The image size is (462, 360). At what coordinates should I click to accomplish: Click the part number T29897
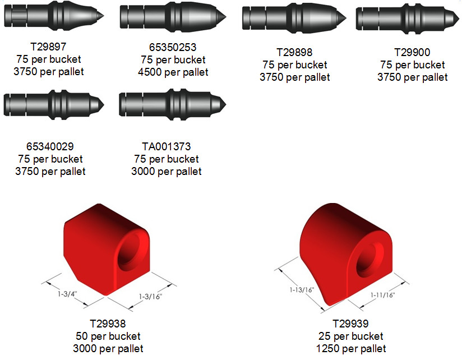(x=48, y=47)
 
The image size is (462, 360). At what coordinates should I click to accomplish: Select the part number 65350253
(x=173, y=47)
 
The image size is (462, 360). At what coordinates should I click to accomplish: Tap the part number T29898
(x=294, y=53)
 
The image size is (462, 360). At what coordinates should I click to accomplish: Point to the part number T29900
(x=412, y=53)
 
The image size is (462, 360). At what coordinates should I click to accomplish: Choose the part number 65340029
(x=50, y=146)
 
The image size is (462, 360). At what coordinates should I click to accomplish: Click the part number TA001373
(x=167, y=146)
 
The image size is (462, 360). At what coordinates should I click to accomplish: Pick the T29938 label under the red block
(x=108, y=324)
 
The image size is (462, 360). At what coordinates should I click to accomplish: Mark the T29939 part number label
(x=350, y=324)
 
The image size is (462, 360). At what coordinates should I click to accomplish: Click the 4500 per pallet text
(x=173, y=72)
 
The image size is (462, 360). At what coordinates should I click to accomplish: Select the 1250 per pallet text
(x=351, y=349)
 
